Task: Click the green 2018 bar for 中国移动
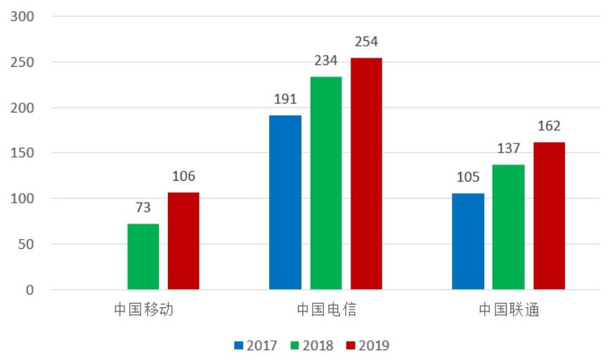(143, 257)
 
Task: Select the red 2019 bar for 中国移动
(183, 241)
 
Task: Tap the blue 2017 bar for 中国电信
(285, 202)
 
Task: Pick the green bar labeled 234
(326, 183)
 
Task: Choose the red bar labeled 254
(366, 174)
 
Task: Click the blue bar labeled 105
(468, 241)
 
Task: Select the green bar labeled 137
(508, 227)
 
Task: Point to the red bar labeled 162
(549, 216)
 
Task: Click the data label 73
(143, 208)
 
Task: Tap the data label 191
(285, 100)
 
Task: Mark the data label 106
(183, 176)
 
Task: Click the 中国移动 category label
(144, 310)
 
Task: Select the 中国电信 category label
(326, 310)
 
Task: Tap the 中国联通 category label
(509, 310)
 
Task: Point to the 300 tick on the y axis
(26, 16)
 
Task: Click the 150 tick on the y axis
(26, 153)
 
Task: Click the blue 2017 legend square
(239, 345)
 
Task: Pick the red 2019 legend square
(350, 345)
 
